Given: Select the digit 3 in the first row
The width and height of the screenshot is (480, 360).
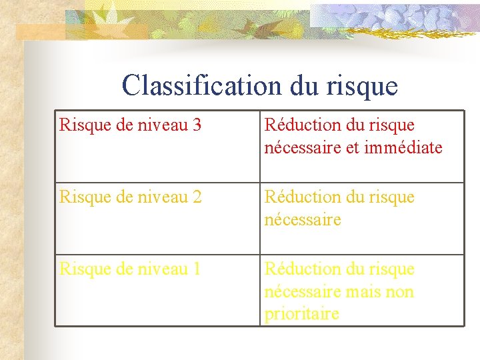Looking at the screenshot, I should coord(196,125).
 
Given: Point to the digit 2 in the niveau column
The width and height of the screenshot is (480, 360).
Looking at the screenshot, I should coord(196,197).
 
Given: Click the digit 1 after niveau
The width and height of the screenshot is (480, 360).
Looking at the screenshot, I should coord(196,269).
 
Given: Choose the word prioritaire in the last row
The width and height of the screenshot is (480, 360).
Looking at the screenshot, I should coord(302,313).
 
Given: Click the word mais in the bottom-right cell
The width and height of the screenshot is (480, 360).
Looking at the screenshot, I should coord(361,291).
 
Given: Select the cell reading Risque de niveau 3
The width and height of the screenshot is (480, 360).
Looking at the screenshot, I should coord(157,146).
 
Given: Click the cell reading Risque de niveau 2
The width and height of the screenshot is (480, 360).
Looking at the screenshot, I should coord(157,218).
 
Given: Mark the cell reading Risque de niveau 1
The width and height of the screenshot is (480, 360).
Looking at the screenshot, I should coord(157,290).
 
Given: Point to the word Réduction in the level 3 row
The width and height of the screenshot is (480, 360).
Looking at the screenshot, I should coord(297,125).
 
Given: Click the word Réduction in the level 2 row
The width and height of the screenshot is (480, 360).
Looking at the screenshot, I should coord(297,197).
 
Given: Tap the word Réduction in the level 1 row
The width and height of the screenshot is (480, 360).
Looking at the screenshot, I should coord(297,269).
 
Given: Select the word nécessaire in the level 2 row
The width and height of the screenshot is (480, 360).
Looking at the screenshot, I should coord(303,219).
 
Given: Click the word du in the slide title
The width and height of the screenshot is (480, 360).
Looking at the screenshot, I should coord(305,85).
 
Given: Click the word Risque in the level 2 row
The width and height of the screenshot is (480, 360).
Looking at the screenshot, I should coord(83,197).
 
